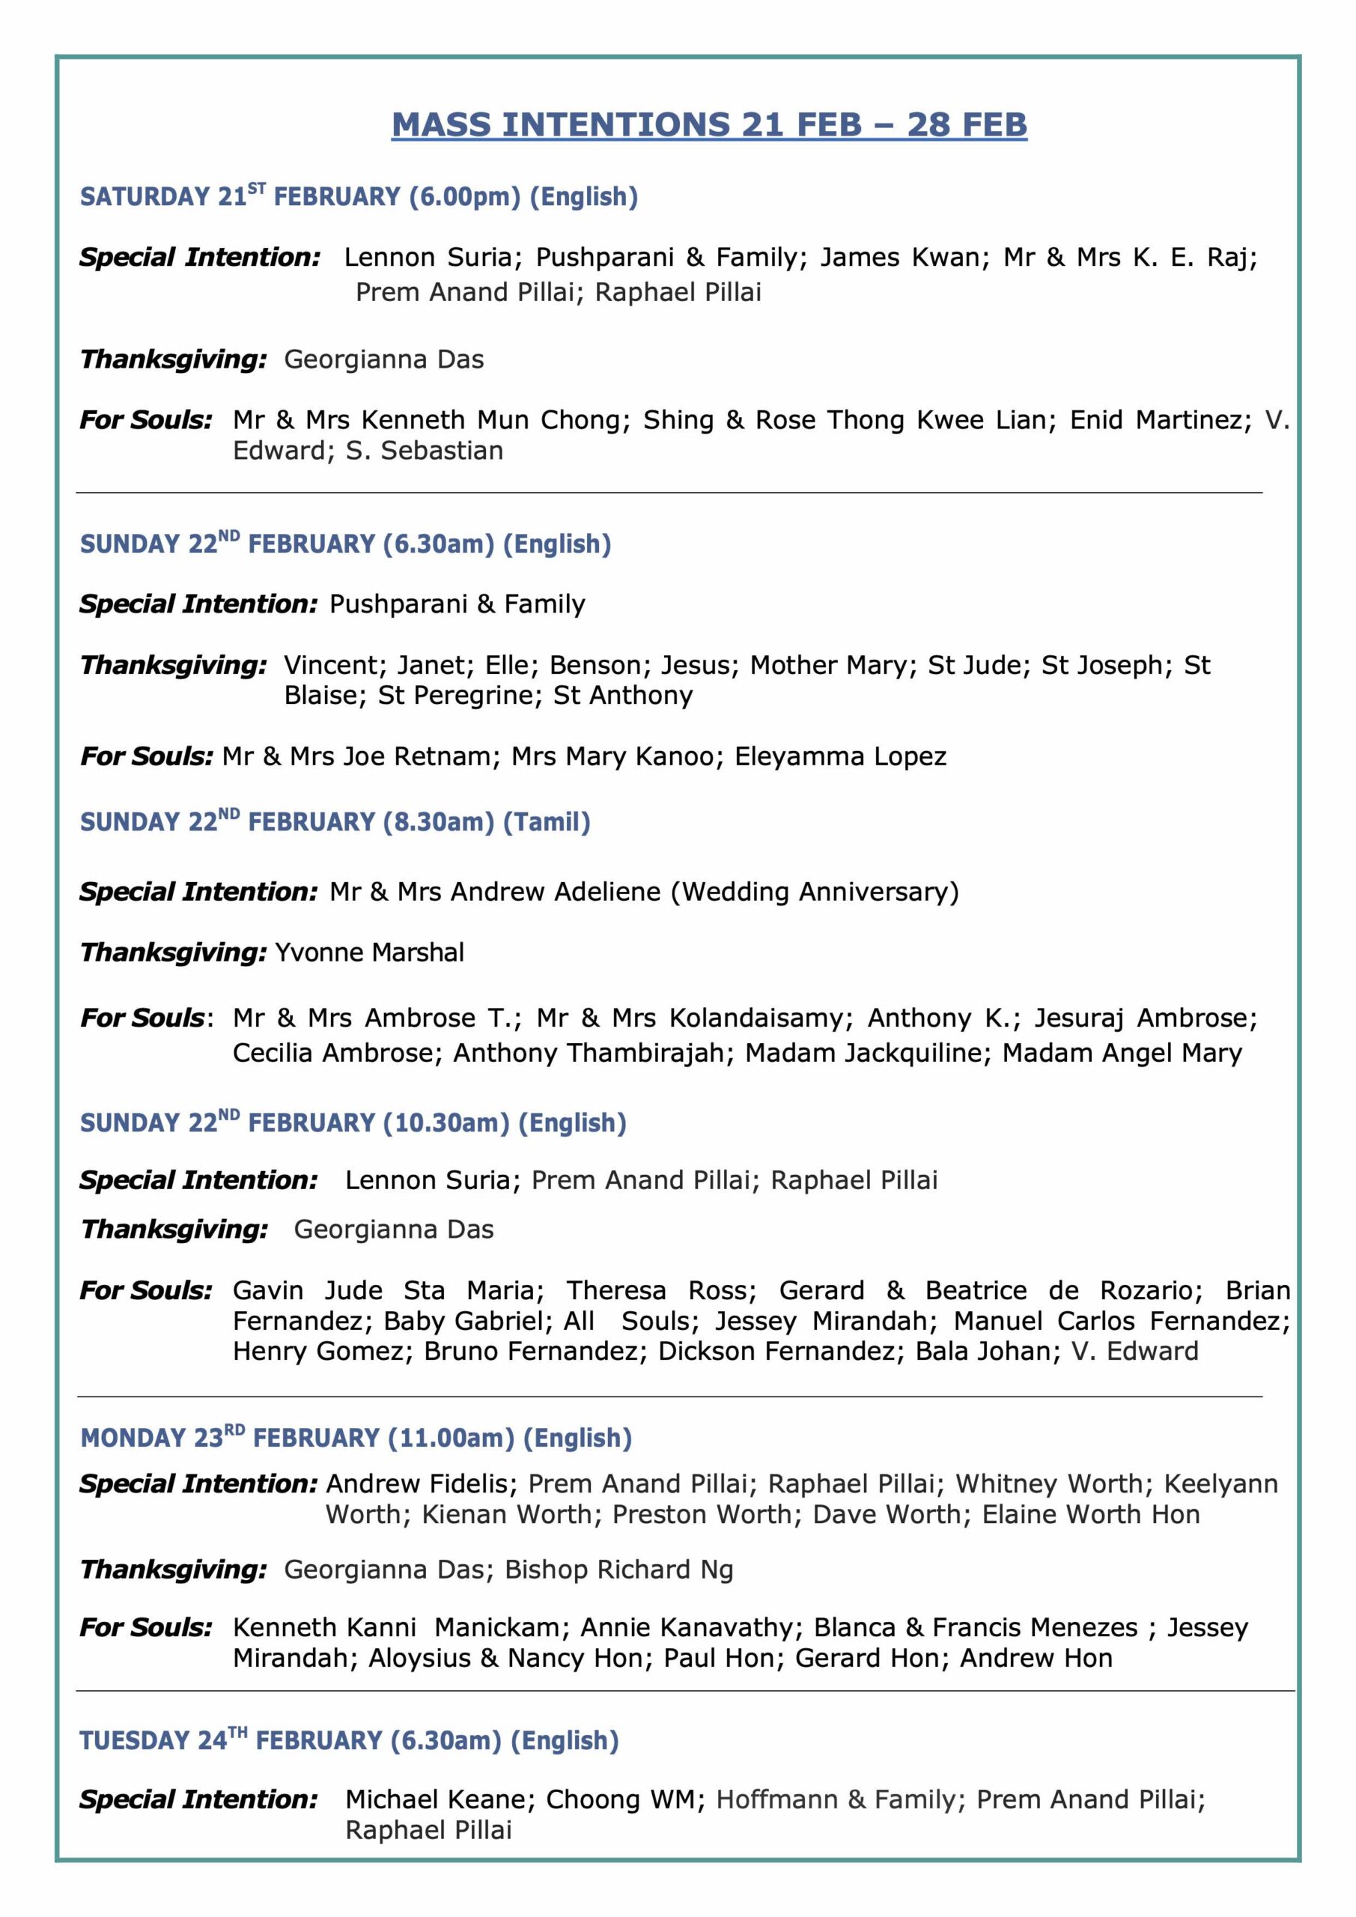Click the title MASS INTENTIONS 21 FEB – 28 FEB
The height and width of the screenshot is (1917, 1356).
709,124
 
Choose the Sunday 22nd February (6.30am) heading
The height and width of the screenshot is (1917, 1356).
345,544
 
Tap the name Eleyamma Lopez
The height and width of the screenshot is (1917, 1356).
840,756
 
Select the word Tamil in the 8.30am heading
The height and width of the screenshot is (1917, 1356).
546,822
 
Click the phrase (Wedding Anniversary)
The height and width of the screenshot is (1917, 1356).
815,892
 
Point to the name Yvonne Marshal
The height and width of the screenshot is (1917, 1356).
369,952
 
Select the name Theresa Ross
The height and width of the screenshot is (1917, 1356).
661,1291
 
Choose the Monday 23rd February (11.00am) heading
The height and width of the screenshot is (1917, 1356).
356,1438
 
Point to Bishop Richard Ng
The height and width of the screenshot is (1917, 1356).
618,1570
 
